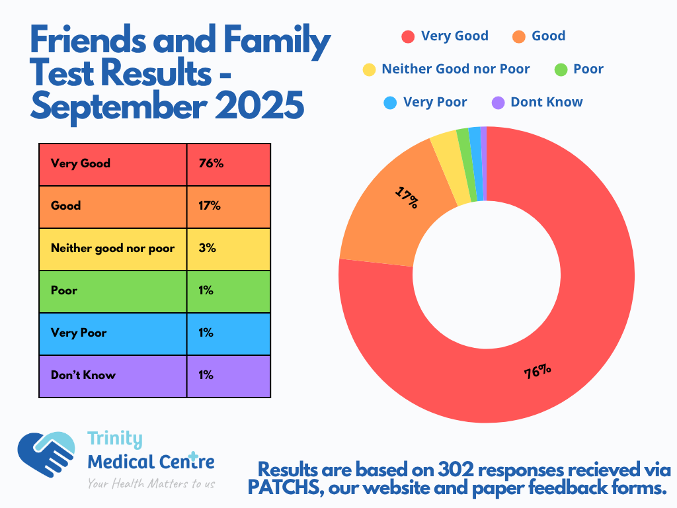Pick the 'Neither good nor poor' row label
(x=112, y=248)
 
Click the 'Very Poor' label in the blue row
(x=79, y=333)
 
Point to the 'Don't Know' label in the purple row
(x=83, y=375)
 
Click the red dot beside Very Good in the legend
(x=408, y=36)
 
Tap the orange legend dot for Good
(x=518, y=36)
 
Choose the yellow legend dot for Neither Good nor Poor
(x=369, y=69)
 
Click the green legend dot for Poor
(x=560, y=69)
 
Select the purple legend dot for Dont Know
(x=498, y=103)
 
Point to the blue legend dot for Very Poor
(x=390, y=103)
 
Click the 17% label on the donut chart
(x=407, y=197)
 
